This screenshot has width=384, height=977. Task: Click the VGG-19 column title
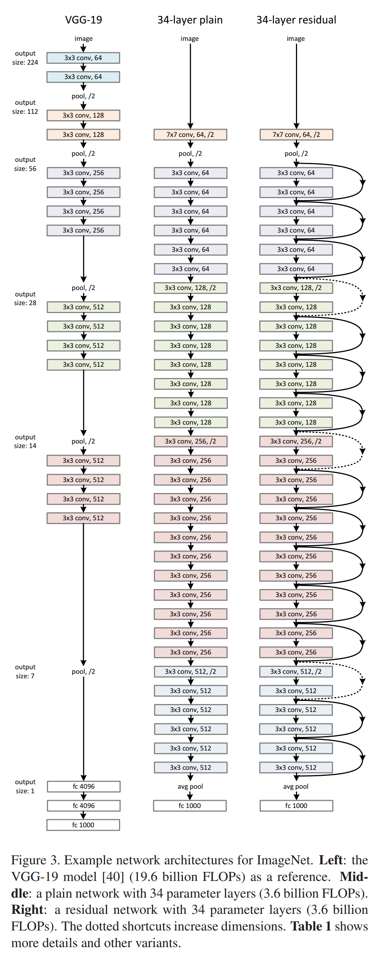[x=84, y=20]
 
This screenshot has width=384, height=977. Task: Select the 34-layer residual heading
[x=296, y=20]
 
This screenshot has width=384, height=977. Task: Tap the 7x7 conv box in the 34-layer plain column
[x=190, y=135]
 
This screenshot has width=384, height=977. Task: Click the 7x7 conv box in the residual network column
[x=296, y=135]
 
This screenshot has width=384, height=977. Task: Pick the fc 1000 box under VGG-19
[x=83, y=825]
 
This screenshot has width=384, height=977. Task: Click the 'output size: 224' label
[x=25, y=58]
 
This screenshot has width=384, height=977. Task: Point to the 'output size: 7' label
[x=25, y=671]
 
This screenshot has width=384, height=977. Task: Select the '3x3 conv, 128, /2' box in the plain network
[x=190, y=288]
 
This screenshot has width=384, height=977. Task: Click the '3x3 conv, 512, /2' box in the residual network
[x=296, y=671]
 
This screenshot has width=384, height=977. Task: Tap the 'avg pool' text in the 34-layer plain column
[x=190, y=786]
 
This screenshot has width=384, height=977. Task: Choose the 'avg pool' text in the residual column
[x=296, y=786]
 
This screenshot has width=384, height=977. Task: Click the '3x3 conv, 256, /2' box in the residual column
[x=296, y=441]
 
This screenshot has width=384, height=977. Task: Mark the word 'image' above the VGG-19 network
[x=84, y=39]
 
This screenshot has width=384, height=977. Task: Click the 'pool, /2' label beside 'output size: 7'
[x=84, y=671]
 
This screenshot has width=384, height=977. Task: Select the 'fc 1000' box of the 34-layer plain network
[x=189, y=806]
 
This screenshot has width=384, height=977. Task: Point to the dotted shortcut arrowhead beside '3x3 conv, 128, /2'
[x=363, y=297]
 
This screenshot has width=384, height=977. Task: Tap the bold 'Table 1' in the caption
[x=310, y=926]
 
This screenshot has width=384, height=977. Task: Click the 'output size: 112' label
[x=25, y=107]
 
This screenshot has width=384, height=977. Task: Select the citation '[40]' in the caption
[x=113, y=876]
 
